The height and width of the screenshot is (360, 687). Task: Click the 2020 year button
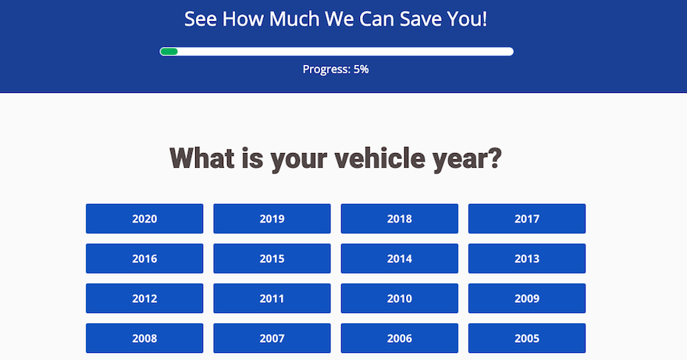pos(144,219)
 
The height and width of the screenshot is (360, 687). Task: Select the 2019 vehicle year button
pos(272,219)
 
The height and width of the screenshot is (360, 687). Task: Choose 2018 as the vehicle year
pos(400,219)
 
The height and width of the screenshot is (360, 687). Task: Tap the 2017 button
pos(527,219)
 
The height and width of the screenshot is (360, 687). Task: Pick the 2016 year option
pos(144,258)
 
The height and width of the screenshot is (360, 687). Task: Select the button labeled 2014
pos(400,258)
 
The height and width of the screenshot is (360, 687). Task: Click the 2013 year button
pos(527,258)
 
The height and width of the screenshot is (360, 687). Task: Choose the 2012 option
pos(144,298)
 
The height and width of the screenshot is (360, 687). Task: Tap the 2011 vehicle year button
pos(272,298)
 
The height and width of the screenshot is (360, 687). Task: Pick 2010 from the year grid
pos(400,298)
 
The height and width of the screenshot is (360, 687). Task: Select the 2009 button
pos(527,298)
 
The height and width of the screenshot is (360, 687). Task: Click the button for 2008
pos(144,338)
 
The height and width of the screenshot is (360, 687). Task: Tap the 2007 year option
pos(272,338)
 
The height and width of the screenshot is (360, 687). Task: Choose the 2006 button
pos(400,338)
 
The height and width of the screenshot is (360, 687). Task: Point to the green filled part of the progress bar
pos(169,52)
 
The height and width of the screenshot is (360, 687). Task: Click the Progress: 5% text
pos(336,70)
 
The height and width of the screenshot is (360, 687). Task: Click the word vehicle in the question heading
pos(380,158)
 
